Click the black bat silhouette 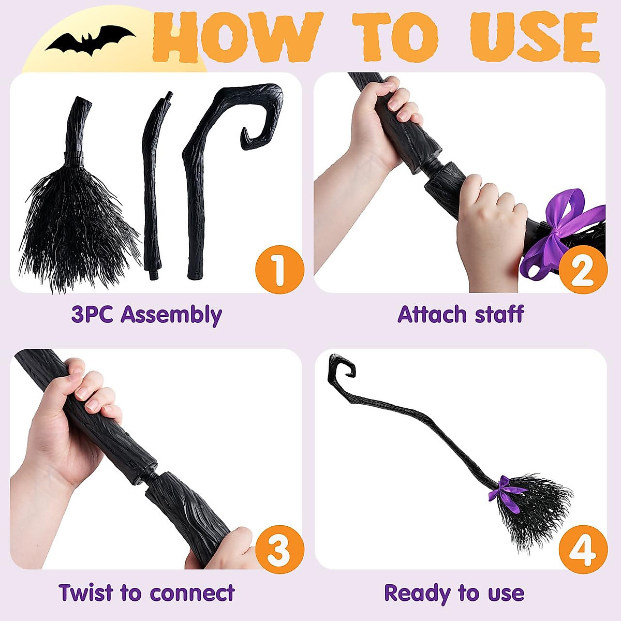(x=91, y=40)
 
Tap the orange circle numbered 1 (x=279, y=269)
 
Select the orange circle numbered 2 (x=582, y=269)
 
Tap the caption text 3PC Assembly (x=147, y=315)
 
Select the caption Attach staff (x=461, y=315)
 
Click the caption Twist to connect (x=147, y=593)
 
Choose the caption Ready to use (x=454, y=593)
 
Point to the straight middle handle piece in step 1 (x=152, y=186)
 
